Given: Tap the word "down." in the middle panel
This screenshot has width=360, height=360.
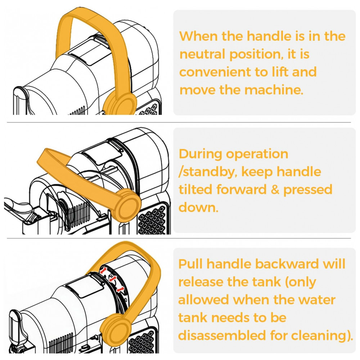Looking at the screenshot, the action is [198, 207].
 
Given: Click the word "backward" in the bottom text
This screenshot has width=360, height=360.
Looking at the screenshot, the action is [287, 264].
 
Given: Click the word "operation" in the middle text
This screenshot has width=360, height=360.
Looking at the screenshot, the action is [257, 155].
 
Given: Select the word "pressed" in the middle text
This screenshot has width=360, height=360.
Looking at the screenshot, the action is [308, 190].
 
